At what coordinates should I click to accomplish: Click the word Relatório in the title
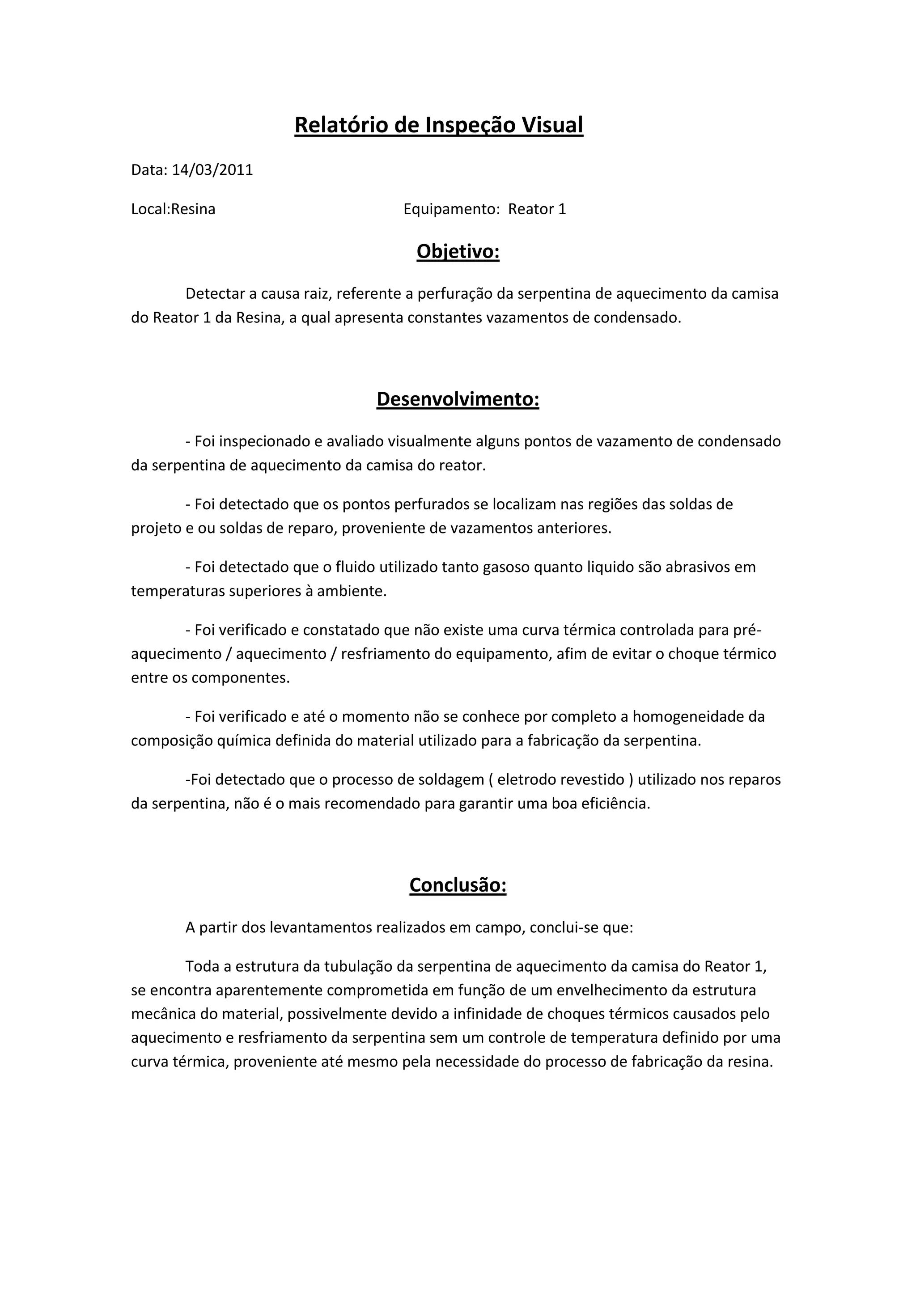point(341,125)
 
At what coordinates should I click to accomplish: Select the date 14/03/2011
point(212,170)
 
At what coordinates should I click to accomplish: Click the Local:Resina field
point(173,209)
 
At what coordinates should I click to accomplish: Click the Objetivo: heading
point(458,252)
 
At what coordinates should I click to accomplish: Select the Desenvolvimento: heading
point(458,399)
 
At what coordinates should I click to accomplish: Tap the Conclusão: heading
point(458,885)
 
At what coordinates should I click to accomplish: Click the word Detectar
point(214,294)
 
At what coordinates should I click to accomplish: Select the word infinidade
point(488,1014)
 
